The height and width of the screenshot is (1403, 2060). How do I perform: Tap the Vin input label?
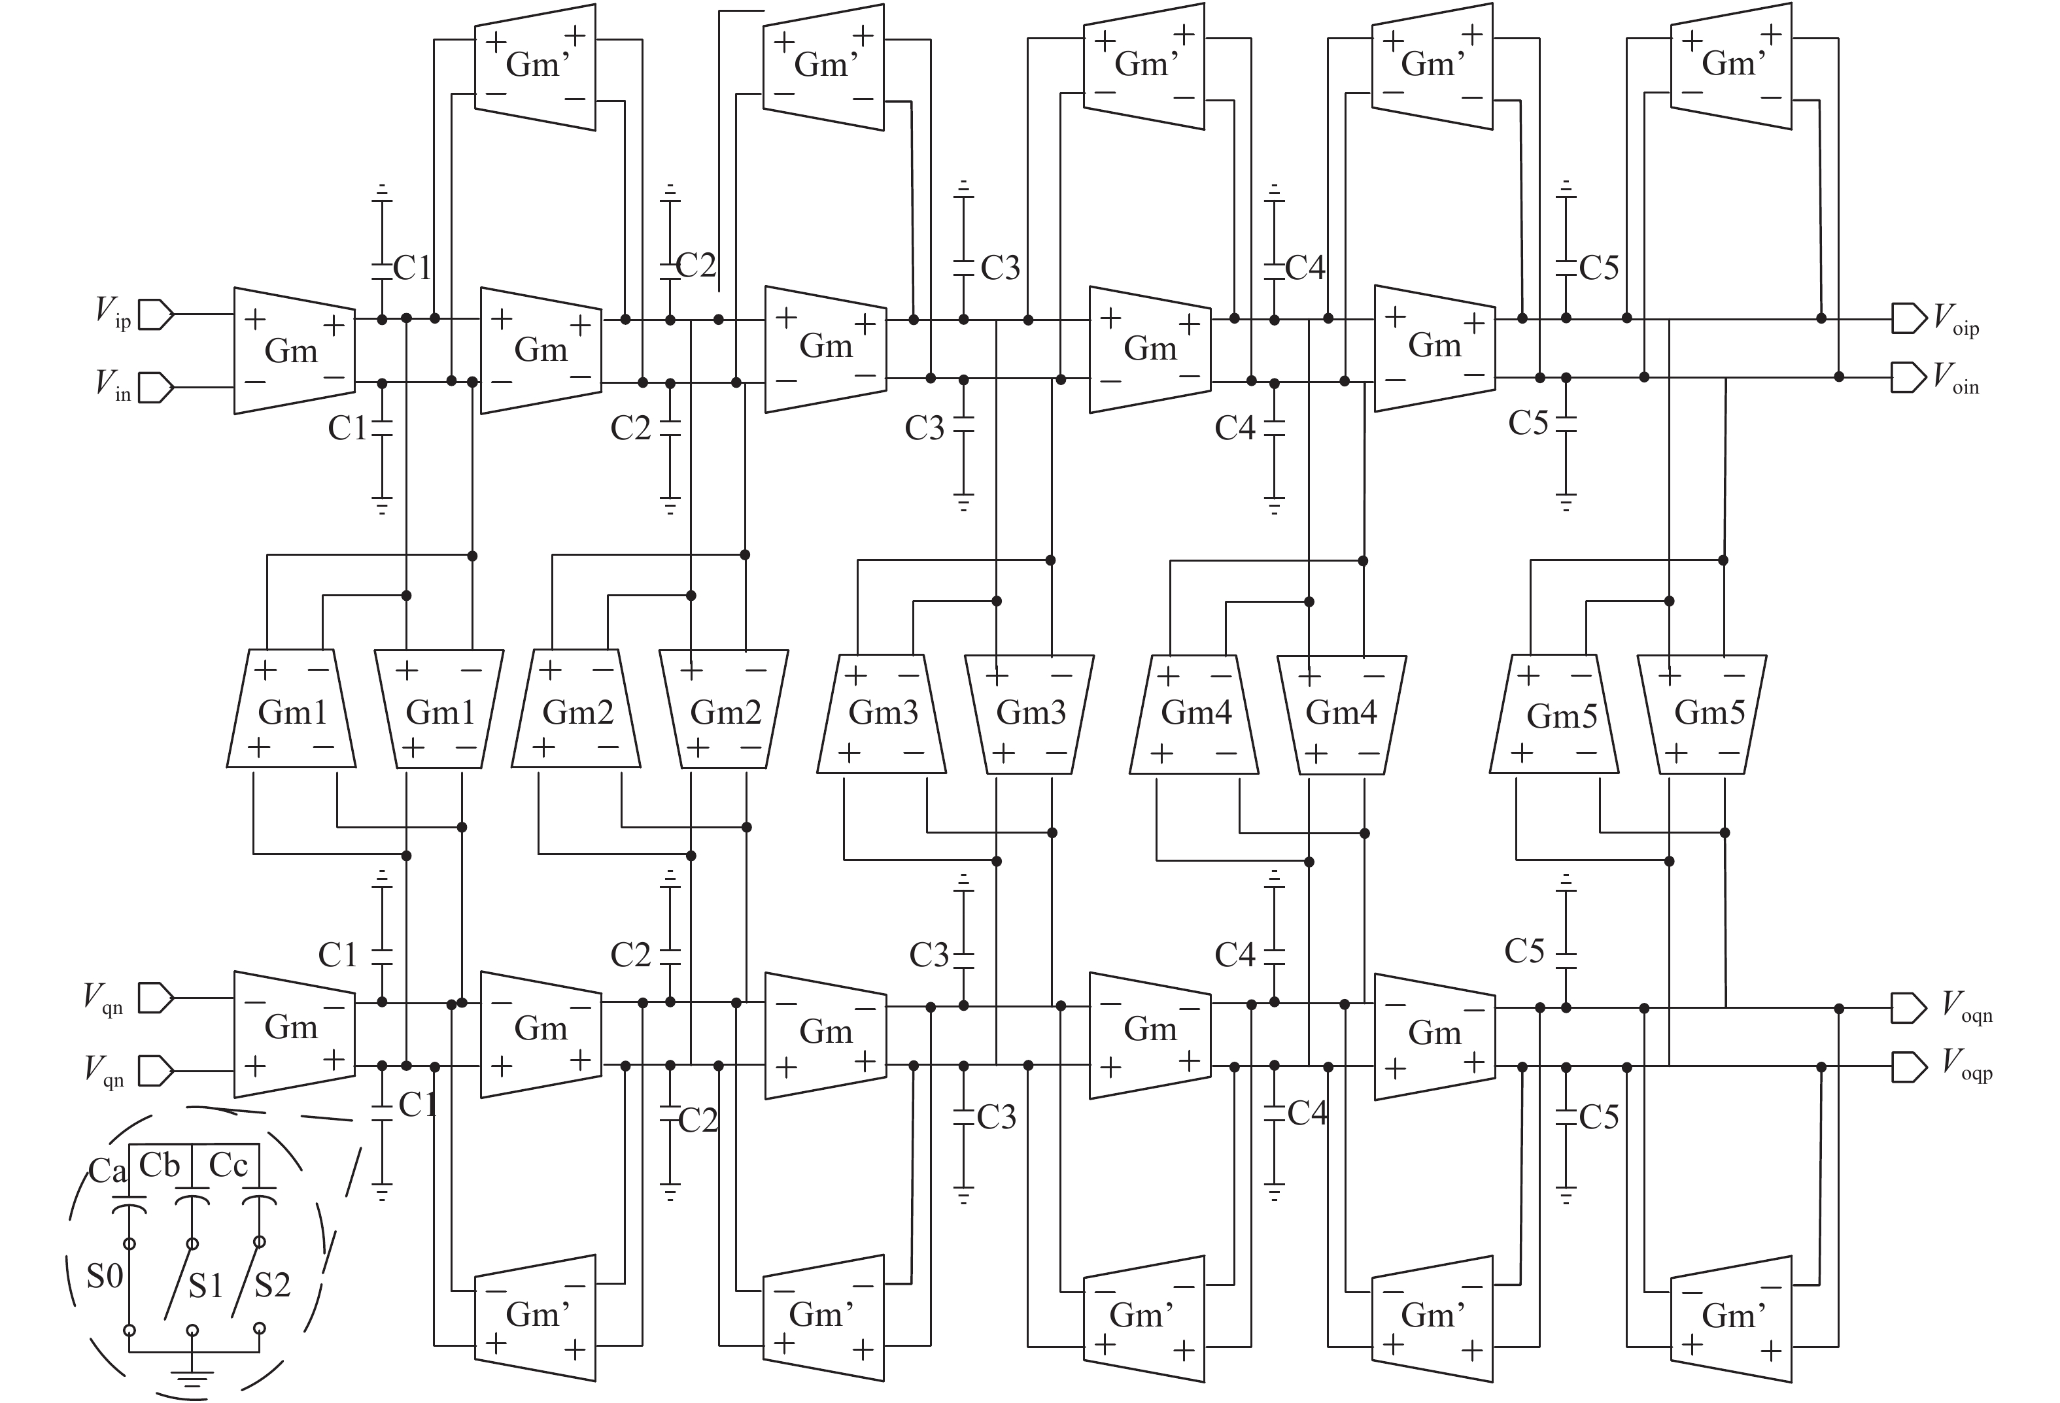[112, 386]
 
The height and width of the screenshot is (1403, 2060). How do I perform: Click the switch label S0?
[105, 1276]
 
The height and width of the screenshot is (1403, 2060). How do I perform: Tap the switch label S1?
[205, 1285]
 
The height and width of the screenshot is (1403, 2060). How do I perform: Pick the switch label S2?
[272, 1285]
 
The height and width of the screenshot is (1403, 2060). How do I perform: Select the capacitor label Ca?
[107, 1171]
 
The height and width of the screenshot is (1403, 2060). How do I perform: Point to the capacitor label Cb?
[160, 1164]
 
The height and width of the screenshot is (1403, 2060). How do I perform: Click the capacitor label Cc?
[228, 1164]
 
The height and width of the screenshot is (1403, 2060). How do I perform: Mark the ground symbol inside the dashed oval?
[192, 1378]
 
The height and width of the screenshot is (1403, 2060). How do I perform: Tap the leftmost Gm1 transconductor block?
[292, 711]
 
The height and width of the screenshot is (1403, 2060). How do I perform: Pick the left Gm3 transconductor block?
[882, 713]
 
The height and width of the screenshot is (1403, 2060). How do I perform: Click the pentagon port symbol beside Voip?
[1908, 318]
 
